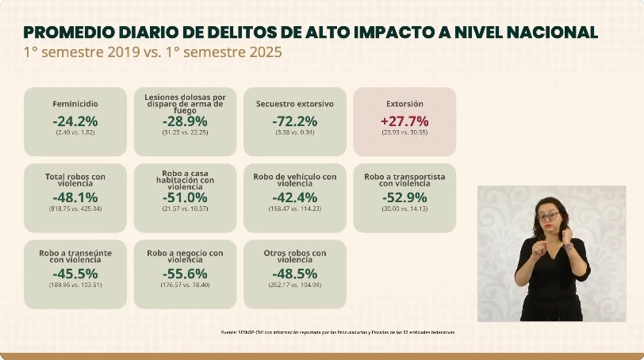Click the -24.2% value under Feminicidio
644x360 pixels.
point(75,121)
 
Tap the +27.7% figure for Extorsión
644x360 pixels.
point(404,121)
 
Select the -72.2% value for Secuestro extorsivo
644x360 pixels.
point(294,121)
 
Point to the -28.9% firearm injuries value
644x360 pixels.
point(185,121)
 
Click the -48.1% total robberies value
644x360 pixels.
point(75,197)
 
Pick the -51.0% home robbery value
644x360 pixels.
point(185,197)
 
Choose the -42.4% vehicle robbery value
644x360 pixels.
point(294,197)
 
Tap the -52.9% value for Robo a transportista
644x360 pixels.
point(404,197)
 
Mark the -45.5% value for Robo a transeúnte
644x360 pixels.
point(75,274)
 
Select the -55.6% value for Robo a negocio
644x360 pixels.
point(185,274)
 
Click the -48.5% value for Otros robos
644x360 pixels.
point(294,274)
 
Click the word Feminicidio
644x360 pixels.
point(75,104)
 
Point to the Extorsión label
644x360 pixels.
point(404,104)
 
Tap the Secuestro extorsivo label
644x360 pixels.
point(294,104)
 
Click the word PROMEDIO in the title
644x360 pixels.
point(63,33)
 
